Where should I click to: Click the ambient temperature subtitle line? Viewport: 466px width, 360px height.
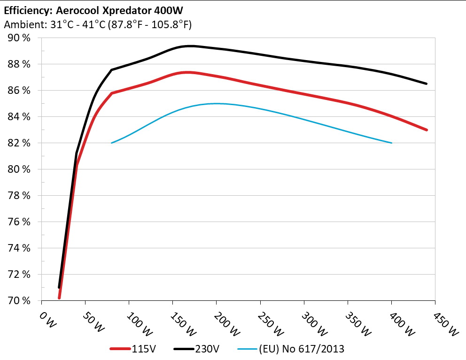click(98, 25)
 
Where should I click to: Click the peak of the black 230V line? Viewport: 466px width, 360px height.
click(190, 46)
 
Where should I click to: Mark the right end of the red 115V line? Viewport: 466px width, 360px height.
click(427, 130)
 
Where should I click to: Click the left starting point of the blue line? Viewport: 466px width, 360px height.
click(111, 143)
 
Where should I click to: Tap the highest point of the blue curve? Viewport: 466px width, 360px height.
click(216, 103)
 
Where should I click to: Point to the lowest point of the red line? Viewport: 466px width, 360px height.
click(59, 298)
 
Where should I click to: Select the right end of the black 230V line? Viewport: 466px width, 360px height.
click(427, 84)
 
